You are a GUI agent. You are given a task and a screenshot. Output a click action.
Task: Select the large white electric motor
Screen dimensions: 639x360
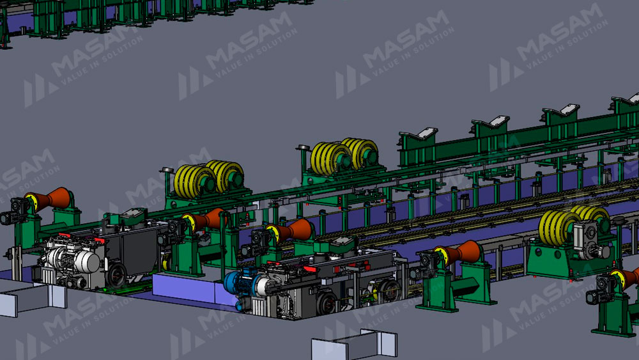pyautogui.click(x=73, y=260)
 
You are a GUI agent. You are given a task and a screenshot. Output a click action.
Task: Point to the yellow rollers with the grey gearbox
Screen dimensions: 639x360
pyautogui.click(x=572, y=226)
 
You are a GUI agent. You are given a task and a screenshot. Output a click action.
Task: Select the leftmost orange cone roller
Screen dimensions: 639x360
pyautogui.click(x=48, y=200)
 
